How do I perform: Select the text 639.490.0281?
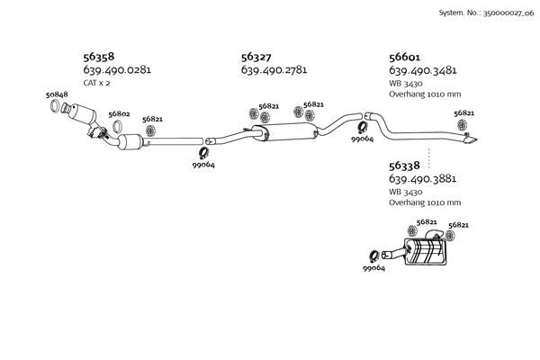click(116, 69)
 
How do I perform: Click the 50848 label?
click(57, 94)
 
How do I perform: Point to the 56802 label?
click(119, 114)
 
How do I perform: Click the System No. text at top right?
click(485, 13)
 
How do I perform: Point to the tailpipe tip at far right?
click(472, 139)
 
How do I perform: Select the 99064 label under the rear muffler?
click(374, 268)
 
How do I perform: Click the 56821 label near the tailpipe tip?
click(464, 113)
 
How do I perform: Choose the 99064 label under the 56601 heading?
click(363, 139)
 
